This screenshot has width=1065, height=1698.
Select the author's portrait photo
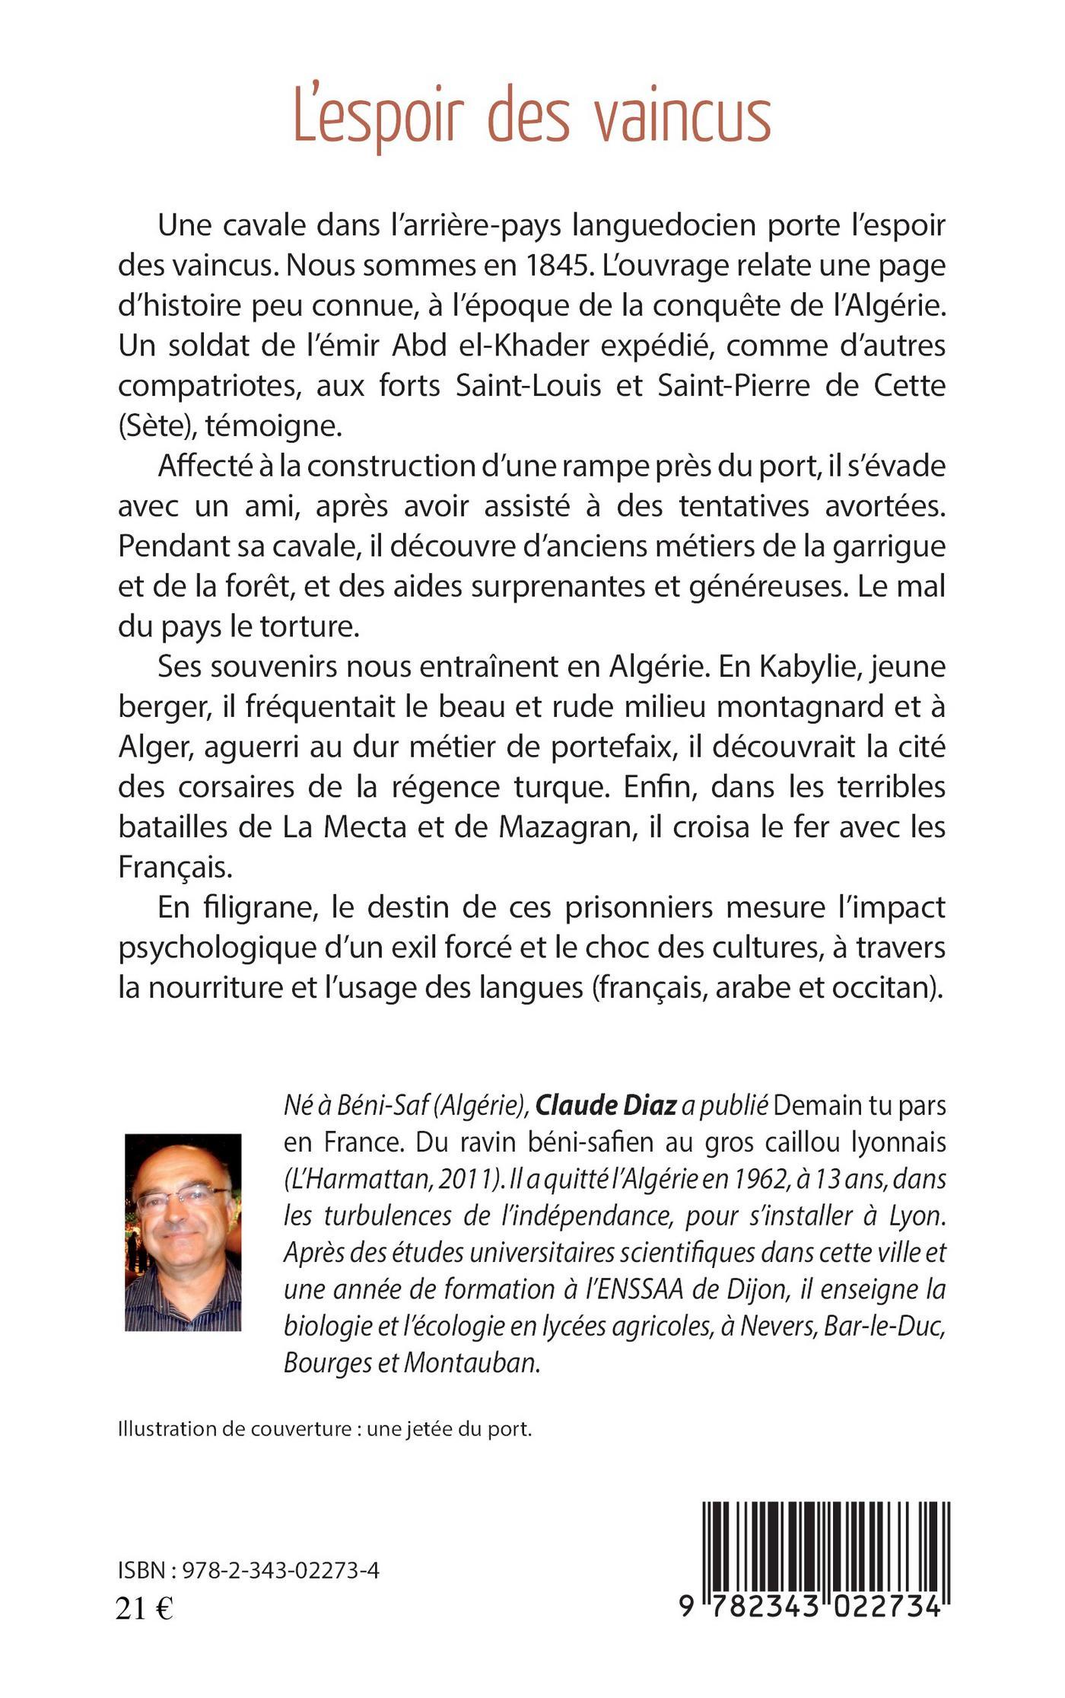[183, 1232]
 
